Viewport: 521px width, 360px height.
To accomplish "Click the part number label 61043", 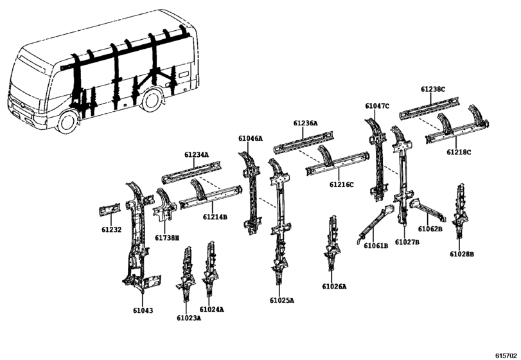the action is pyautogui.click(x=143, y=310).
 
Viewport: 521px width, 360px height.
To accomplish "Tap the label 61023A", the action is pyautogui.click(x=189, y=318).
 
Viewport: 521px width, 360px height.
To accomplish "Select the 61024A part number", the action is pyautogui.click(x=211, y=309).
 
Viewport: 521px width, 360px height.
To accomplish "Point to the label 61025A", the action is pyautogui.click(x=282, y=300).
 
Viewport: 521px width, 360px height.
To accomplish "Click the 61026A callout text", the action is pyautogui.click(x=334, y=286).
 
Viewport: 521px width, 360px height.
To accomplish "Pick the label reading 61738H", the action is pyautogui.click(x=167, y=238).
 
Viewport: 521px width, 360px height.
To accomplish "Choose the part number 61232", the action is pyautogui.click(x=111, y=230).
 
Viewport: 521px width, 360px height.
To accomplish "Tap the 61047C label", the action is pyautogui.click(x=377, y=106).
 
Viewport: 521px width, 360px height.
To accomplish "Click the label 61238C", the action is pyautogui.click(x=433, y=89).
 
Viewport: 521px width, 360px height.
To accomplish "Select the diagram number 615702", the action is pyautogui.click(x=507, y=355).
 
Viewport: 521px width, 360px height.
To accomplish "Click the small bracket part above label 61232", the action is pyautogui.click(x=109, y=209).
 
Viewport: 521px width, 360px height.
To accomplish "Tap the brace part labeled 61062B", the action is pyautogui.click(x=428, y=210).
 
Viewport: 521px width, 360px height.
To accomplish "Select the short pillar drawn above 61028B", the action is pyautogui.click(x=461, y=210).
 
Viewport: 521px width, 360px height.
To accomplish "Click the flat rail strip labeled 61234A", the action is pyautogui.click(x=191, y=172).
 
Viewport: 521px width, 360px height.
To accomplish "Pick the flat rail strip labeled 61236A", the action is pyautogui.click(x=304, y=142).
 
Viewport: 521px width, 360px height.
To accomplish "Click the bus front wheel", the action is pyautogui.click(x=68, y=122).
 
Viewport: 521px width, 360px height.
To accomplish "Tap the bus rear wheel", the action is pyautogui.click(x=152, y=101).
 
